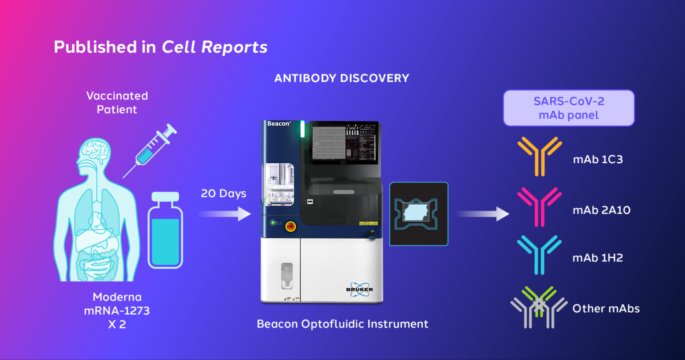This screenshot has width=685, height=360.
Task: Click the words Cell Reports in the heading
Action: pos(214,47)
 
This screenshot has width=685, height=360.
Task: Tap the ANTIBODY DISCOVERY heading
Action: pos(342,79)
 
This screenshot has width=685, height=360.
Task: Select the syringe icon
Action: pos(151,149)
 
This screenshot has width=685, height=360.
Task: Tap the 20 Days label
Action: pos(223,194)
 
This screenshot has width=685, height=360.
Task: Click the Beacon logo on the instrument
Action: pos(279,124)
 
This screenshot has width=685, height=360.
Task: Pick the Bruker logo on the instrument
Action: pos(359,289)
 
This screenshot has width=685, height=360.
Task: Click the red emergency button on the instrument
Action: pos(290,226)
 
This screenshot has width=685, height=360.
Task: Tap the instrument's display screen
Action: pos(344,142)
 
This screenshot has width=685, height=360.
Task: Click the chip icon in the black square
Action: pos(419,214)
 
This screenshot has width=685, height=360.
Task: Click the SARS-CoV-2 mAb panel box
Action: pos(569,108)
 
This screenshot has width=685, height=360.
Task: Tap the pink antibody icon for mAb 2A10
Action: pos(540,206)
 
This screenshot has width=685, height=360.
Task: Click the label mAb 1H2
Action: pos(598,258)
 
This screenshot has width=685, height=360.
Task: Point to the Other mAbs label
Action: pos(606,309)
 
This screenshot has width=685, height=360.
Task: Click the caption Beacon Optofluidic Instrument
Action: pos(342,324)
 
